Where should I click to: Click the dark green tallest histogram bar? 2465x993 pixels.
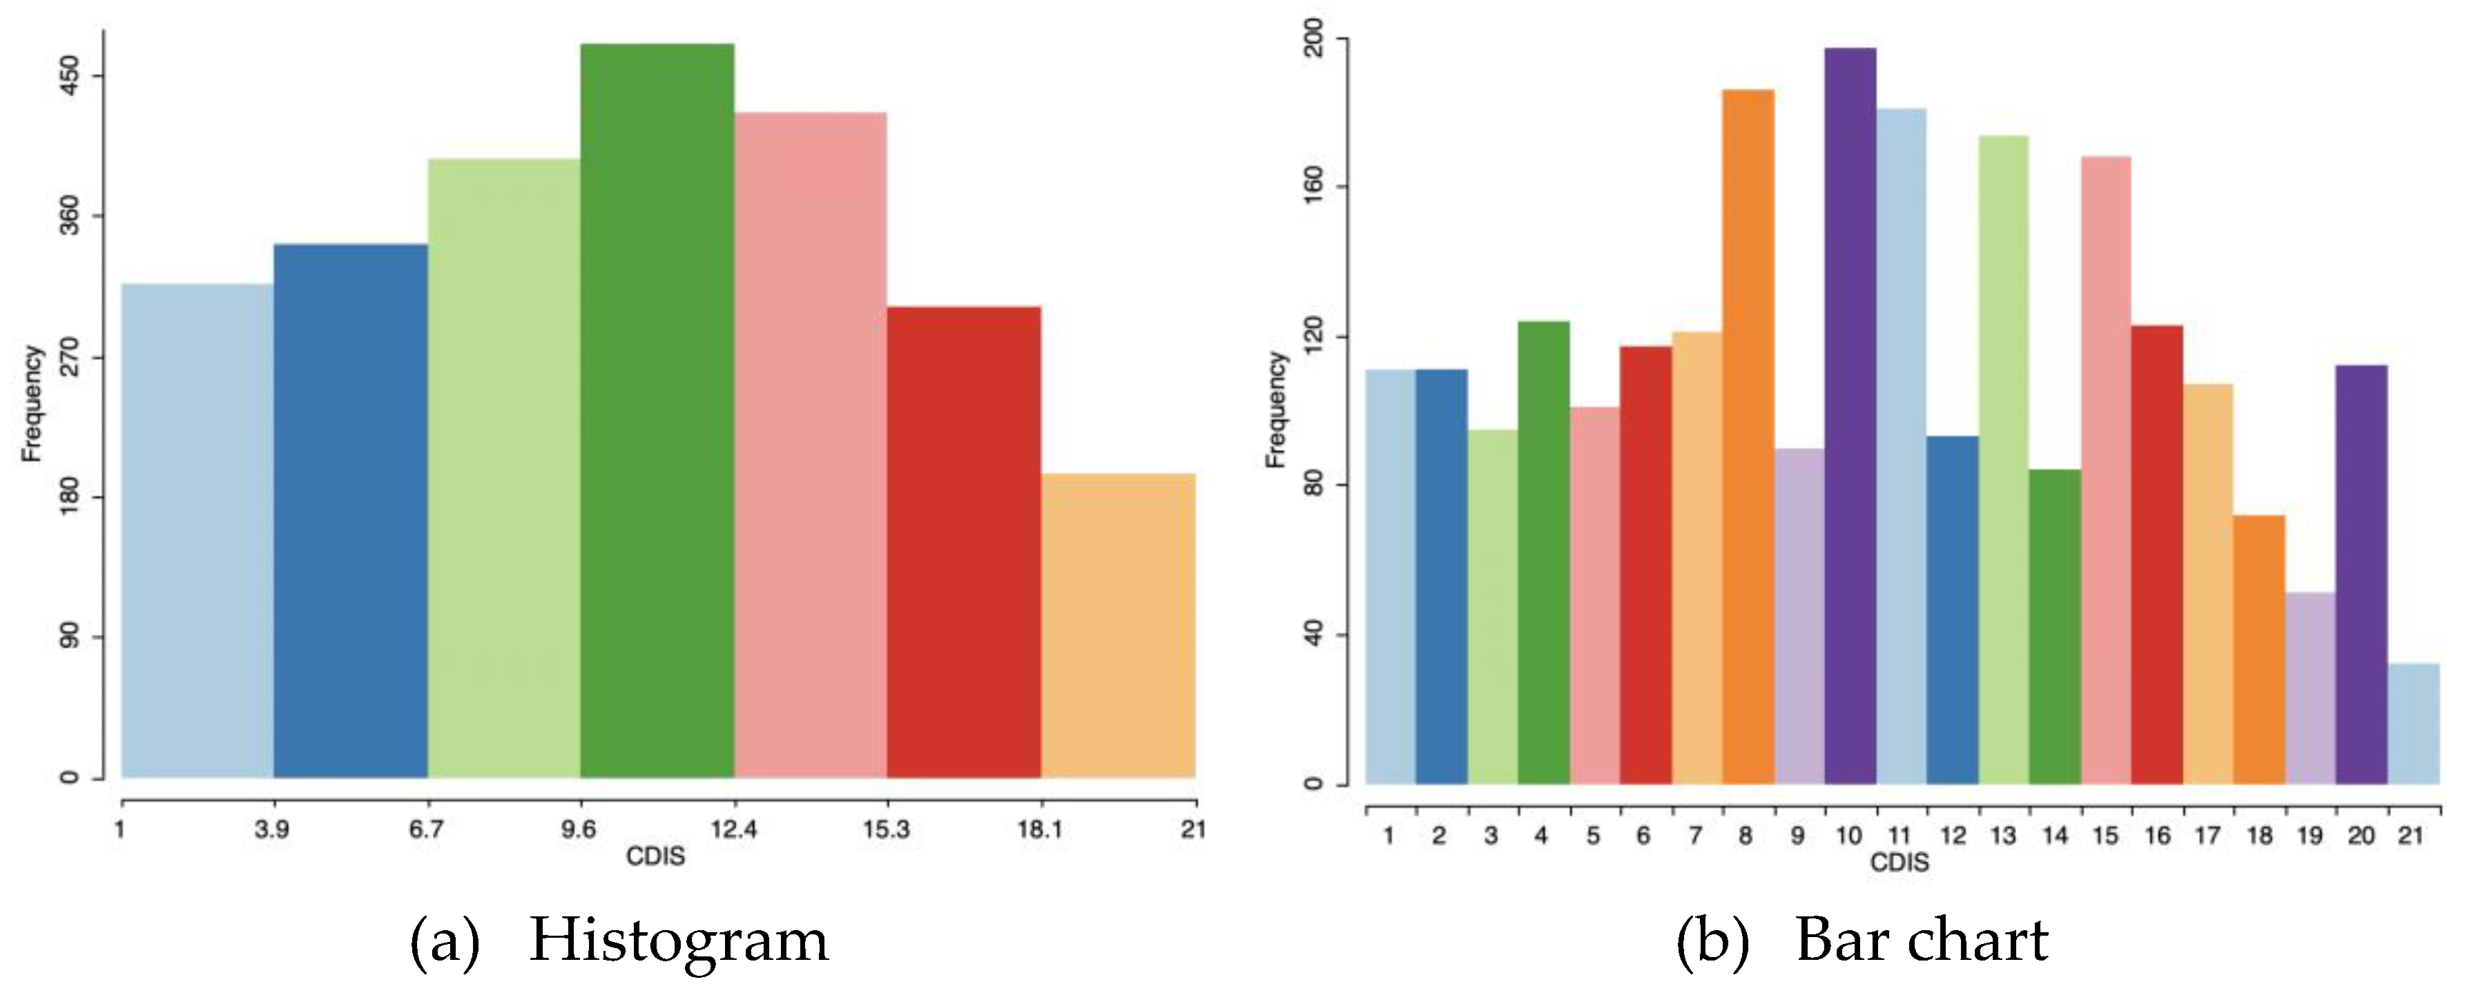click(657, 412)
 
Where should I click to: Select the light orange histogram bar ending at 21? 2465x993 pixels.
click(1118, 626)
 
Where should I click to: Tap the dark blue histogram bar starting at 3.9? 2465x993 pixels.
click(350, 511)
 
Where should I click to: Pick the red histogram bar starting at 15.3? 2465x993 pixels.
click(964, 541)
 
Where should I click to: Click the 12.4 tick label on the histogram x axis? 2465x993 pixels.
click(733, 829)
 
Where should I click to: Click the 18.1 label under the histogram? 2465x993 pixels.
click(1039, 829)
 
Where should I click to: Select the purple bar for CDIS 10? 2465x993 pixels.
click(1850, 416)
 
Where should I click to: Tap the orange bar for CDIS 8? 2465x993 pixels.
click(1748, 437)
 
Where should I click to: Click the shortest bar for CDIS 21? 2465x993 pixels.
click(2413, 724)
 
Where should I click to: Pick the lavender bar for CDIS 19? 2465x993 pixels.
click(2310, 688)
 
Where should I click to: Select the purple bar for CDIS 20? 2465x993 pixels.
click(2361, 574)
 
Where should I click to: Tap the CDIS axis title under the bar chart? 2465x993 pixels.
click(1899, 862)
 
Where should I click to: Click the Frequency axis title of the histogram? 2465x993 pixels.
click(32, 404)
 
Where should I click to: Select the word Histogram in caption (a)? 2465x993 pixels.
click(679, 941)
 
